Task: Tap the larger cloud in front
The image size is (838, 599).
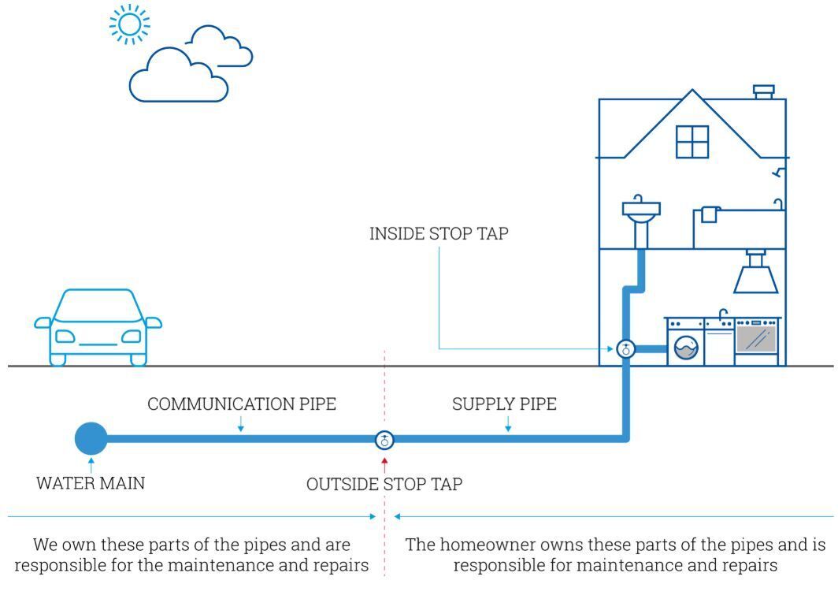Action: pos(178,79)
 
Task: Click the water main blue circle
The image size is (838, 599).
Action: pos(91,438)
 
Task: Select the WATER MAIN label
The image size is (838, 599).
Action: pos(91,483)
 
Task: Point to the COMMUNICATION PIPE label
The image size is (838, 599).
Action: pos(242,404)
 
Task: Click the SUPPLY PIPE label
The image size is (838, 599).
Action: pos(504,404)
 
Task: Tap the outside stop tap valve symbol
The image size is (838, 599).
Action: pos(384,439)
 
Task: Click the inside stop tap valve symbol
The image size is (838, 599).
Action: pos(625,349)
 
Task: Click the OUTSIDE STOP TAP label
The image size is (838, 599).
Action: pos(384,484)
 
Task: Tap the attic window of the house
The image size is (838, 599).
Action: pos(692,141)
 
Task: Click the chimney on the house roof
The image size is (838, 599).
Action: pos(764,92)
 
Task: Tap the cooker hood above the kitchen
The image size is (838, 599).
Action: pos(756,273)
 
